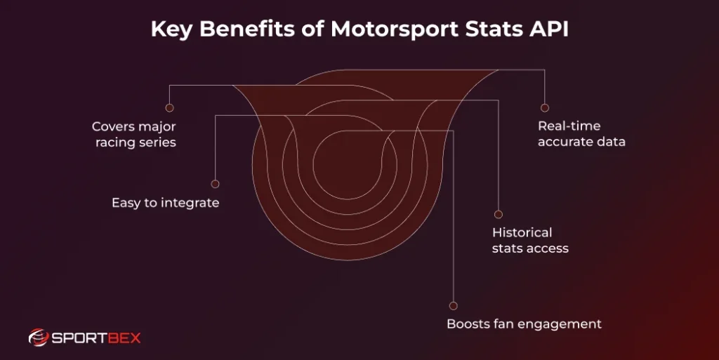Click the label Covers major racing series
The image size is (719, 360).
(x=134, y=135)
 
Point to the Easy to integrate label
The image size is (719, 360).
(x=166, y=203)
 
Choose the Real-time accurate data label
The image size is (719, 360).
(x=581, y=134)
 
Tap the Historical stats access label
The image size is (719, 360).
(x=530, y=240)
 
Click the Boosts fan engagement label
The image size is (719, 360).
(x=524, y=324)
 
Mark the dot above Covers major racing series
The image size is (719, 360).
(x=169, y=108)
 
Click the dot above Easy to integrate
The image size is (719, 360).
(x=215, y=184)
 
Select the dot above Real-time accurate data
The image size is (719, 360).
(x=544, y=108)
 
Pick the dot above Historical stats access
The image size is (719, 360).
(x=499, y=214)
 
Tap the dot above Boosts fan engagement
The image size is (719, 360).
(x=453, y=306)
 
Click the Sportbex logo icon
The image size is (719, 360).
(x=38, y=338)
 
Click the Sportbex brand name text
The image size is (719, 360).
(x=96, y=338)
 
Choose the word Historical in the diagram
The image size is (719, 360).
(x=522, y=232)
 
